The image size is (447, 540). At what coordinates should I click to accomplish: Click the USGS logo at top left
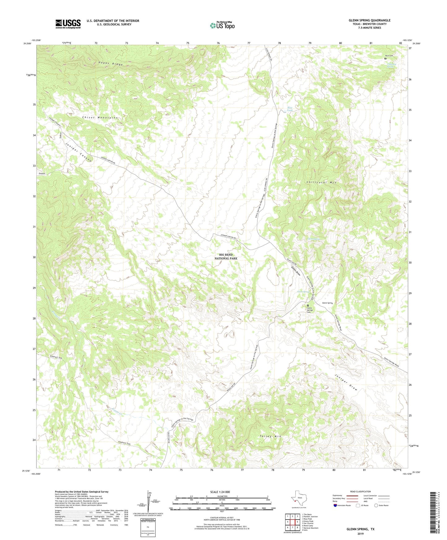(x=68, y=24)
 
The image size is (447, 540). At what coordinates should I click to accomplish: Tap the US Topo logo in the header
(x=222, y=25)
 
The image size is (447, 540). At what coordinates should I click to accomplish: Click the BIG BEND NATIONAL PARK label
(x=226, y=256)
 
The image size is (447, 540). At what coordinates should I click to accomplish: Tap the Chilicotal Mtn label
(x=321, y=182)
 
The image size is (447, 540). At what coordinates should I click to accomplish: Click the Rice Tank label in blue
(x=289, y=109)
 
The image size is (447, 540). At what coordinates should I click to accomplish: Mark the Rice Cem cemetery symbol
(x=385, y=58)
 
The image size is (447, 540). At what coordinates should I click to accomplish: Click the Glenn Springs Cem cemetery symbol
(x=308, y=305)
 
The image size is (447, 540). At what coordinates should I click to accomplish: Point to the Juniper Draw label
(x=346, y=382)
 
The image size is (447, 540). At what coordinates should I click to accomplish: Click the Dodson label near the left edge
(x=42, y=174)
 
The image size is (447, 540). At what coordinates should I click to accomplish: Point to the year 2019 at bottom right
(x=360, y=534)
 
